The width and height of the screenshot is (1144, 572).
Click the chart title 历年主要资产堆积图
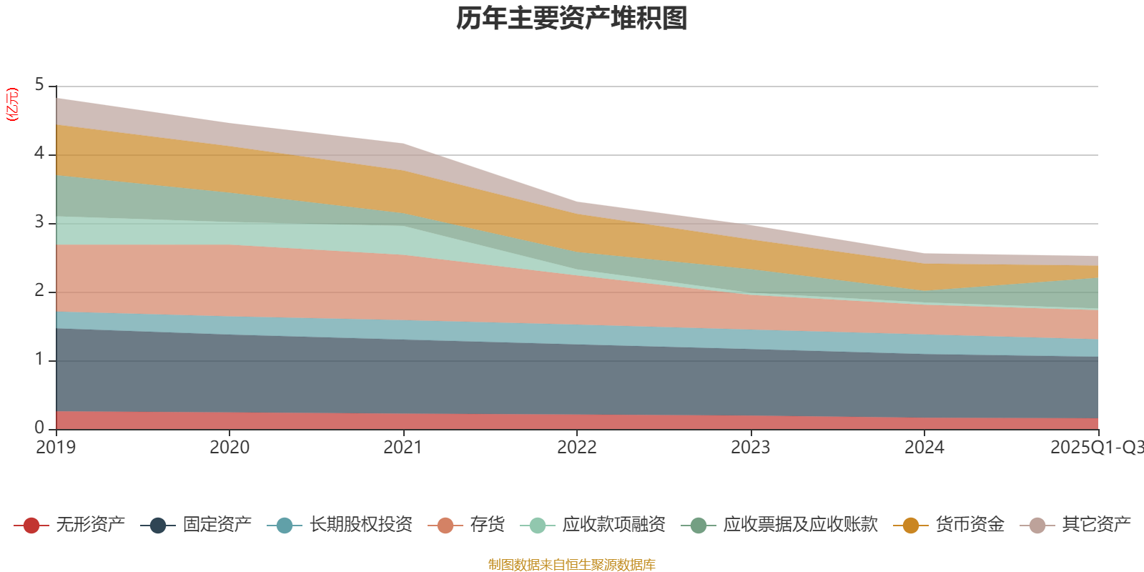click(x=572, y=19)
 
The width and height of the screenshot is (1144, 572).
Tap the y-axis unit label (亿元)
click(x=12, y=105)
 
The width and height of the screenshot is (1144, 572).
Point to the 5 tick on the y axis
click(x=39, y=85)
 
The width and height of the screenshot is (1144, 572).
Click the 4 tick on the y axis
click(x=39, y=154)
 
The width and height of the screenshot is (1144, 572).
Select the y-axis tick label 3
click(x=39, y=222)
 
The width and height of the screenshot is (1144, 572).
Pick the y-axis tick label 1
click(x=39, y=360)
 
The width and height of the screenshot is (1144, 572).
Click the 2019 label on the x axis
click(x=56, y=448)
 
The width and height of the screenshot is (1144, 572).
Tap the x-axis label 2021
click(x=403, y=448)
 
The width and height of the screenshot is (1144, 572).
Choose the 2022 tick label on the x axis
click(x=577, y=448)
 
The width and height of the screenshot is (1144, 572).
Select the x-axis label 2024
click(x=924, y=448)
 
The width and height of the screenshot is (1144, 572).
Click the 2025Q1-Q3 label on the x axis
click(x=1096, y=448)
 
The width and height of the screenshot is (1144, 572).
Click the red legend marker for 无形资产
click(x=31, y=526)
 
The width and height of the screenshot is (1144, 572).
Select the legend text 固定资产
click(x=217, y=525)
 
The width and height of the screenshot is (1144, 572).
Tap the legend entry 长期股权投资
click(x=360, y=525)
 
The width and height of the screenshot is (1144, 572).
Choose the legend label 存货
click(x=487, y=525)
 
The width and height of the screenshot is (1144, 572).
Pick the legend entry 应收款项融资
click(x=613, y=525)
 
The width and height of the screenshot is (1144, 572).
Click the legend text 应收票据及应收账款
click(x=800, y=525)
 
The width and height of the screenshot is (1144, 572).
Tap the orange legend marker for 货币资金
click(x=910, y=526)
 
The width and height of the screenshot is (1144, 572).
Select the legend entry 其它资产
click(x=1096, y=525)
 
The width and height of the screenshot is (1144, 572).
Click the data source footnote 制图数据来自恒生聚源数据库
click(x=572, y=565)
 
